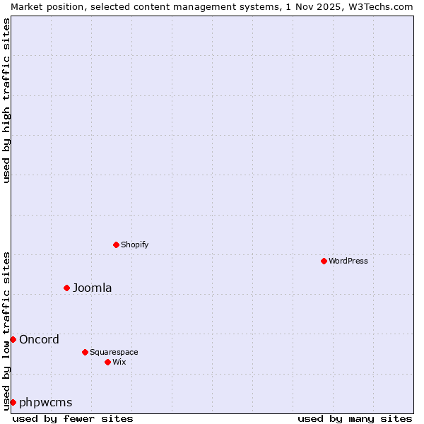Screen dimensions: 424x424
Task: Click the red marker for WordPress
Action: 324,261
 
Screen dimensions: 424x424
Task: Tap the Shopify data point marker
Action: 116,245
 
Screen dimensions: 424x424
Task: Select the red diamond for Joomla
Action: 67,288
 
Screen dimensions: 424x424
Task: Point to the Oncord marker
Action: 13,339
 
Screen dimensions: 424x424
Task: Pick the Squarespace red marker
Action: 85,352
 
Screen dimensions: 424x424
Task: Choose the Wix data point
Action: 107,362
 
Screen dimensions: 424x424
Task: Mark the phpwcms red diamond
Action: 13,402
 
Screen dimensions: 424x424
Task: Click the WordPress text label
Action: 348,261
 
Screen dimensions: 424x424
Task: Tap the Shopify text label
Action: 134,245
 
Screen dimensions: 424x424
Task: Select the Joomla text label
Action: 93,288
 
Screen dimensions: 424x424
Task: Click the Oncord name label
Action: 40,339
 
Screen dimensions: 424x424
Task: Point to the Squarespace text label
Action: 114,352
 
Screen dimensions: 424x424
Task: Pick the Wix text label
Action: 119,362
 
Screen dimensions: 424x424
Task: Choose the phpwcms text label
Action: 46,402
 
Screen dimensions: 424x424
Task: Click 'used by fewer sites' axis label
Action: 73,418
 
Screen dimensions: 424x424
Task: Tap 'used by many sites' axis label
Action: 355,418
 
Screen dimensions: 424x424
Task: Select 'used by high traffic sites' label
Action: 7,100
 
